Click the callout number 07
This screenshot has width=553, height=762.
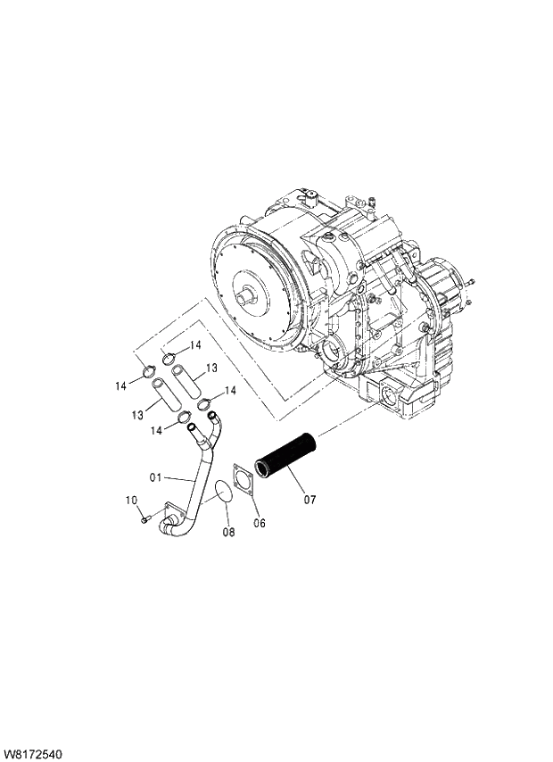(310, 500)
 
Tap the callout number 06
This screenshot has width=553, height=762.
(260, 523)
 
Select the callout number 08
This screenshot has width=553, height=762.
(227, 533)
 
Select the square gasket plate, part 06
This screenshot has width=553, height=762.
(243, 483)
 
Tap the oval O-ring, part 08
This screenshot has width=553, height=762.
(219, 491)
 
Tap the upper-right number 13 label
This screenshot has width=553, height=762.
(212, 368)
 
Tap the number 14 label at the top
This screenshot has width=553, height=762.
(195, 344)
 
